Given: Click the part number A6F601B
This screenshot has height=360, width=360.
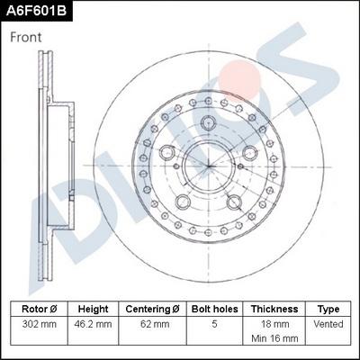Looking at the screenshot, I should click(x=37, y=10).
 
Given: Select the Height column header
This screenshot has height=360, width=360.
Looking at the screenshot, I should click(x=93, y=308).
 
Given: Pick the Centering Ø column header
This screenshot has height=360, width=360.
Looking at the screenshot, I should click(x=151, y=308).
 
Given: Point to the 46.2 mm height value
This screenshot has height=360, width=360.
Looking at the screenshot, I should click(x=93, y=323).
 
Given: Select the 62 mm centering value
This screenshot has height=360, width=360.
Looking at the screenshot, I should click(x=151, y=323).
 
